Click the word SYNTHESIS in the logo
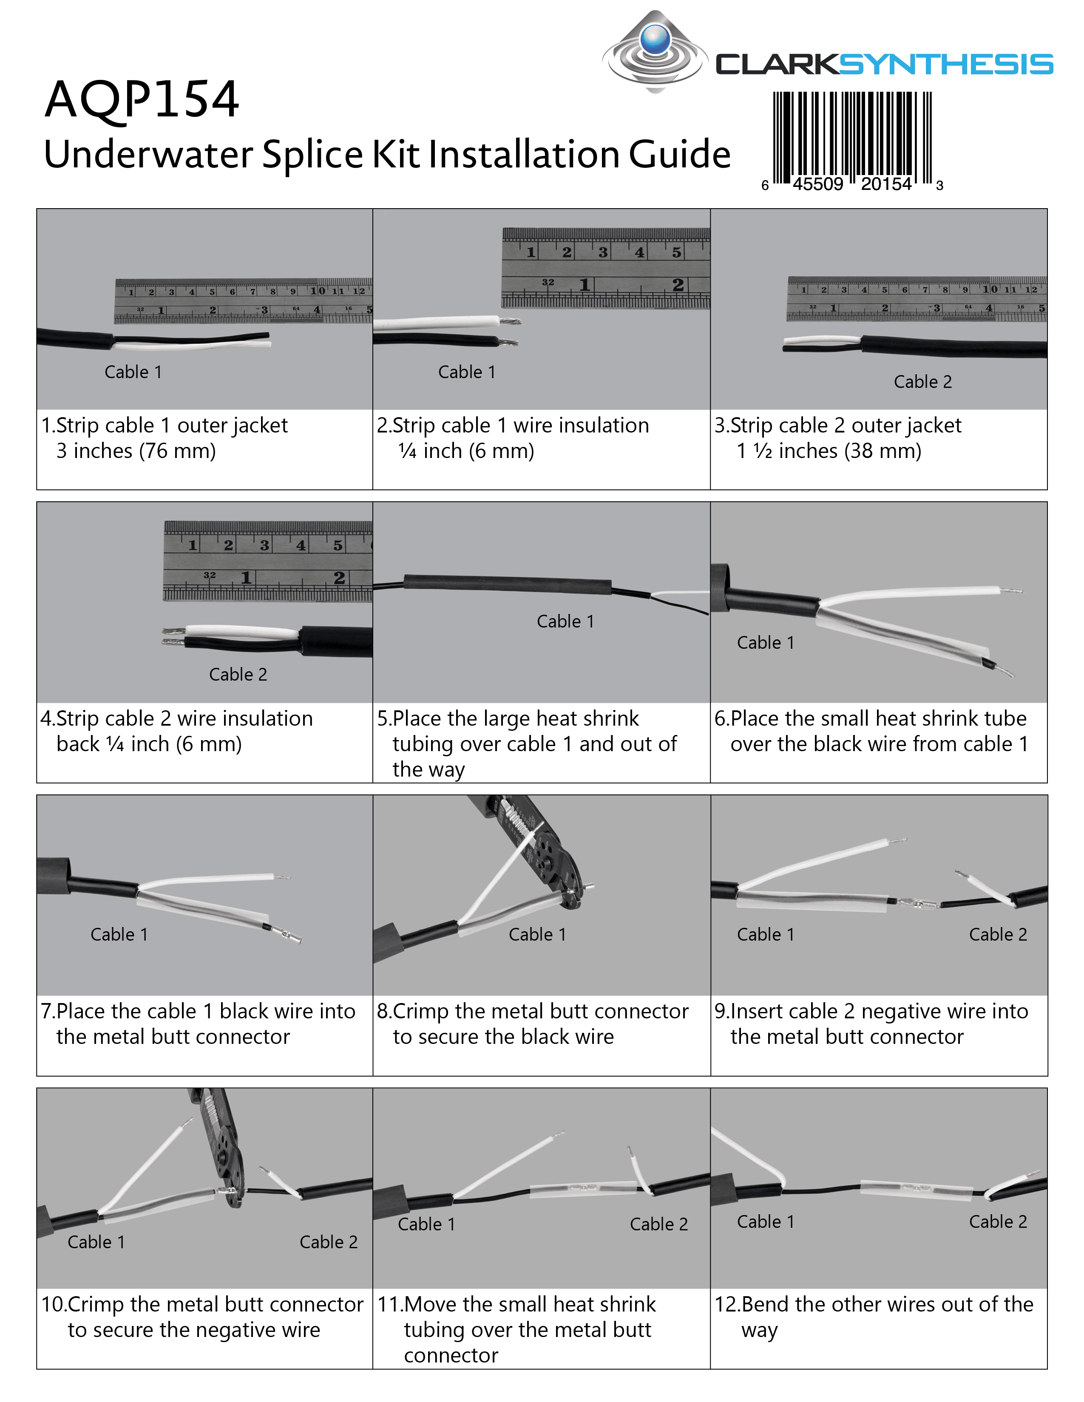click(x=945, y=65)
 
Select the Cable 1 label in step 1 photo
click(x=133, y=372)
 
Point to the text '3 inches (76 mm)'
click(x=136, y=451)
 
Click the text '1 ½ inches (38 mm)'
click(x=829, y=451)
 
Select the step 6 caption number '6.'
click(x=722, y=718)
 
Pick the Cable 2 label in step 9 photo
click(x=997, y=935)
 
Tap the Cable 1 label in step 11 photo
click(x=426, y=1224)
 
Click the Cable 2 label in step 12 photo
click(x=997, y=1221)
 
